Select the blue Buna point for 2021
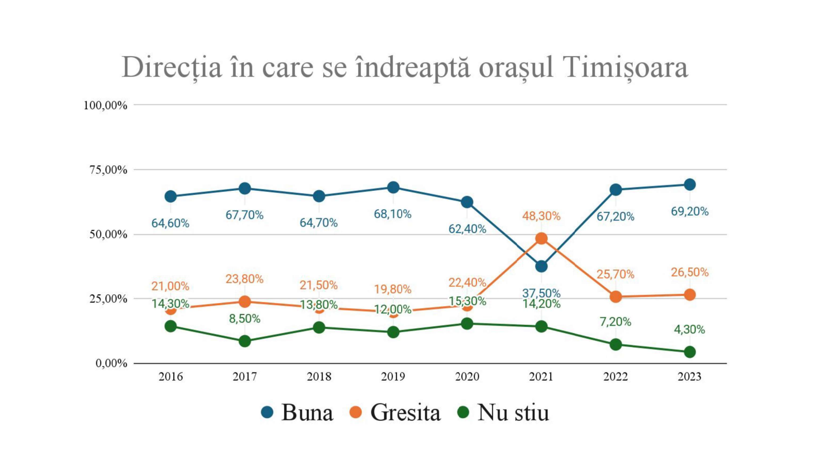coord(541,266)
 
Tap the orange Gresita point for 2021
coord(541,239)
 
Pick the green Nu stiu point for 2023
coord(690,352)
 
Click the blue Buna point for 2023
coord(690,185)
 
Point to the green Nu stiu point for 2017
coord(245,341)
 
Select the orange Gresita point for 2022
coord(615,297)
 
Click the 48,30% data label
coord(541,216)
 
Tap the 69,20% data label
coord(690,211)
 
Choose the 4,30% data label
coord(689,329)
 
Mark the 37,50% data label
coord(541,293)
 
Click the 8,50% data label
coord(245,319)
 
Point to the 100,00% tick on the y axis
coord(105,105)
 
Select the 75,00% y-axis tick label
coord(108,170)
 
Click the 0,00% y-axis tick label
coord(111,363)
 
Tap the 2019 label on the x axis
coord(393,376)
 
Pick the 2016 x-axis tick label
coord(171,376)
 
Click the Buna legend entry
coord(297,412)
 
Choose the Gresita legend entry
coord(395,412)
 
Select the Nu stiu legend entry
coord(504,412)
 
